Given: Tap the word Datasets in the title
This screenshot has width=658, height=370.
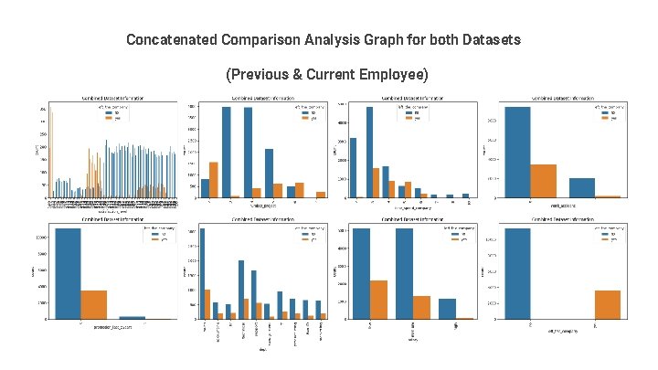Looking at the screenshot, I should [491, 40].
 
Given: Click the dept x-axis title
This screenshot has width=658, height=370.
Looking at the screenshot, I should [261, 347].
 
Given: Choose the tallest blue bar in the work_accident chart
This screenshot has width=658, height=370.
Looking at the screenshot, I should [529, 152].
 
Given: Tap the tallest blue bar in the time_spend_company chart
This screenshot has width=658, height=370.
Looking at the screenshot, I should [370, 152].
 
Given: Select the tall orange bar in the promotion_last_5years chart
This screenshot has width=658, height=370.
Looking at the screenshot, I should [94, 304].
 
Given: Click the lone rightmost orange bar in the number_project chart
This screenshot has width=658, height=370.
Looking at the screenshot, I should [319, 194].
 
